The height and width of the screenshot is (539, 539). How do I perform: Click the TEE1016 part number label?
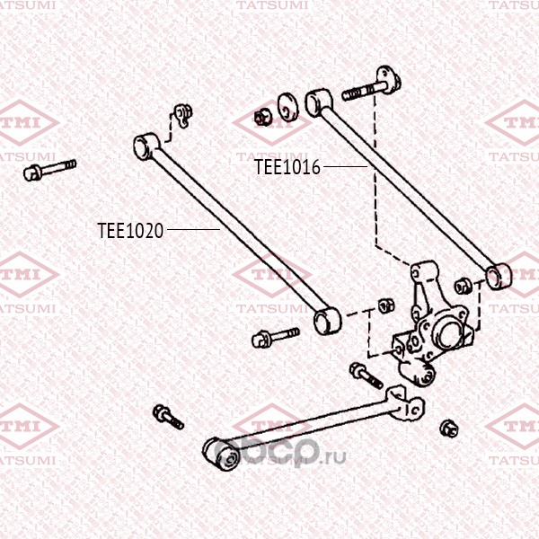287,167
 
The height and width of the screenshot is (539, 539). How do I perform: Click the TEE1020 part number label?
130,230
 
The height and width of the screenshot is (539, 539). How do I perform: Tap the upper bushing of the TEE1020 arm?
146,146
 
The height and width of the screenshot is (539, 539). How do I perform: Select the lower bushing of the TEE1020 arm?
328,321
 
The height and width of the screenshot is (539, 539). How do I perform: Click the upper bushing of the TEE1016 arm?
319,102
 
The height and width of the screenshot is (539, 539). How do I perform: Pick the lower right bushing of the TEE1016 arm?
498,276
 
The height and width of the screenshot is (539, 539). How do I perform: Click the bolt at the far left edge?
49,170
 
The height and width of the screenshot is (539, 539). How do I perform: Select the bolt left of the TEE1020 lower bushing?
276,337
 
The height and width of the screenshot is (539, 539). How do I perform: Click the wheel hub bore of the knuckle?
446,332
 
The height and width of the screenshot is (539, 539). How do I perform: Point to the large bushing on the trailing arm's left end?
221,453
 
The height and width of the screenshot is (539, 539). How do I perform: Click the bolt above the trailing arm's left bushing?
168,417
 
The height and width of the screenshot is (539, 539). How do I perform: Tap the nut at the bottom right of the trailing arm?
449,429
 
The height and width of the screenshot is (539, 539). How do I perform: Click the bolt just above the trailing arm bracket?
367,376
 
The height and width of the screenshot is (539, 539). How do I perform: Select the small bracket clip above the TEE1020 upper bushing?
183,116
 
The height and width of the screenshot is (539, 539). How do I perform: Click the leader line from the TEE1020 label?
193,229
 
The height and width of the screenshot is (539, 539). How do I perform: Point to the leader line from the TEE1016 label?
346,167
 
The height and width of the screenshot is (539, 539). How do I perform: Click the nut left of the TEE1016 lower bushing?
463,286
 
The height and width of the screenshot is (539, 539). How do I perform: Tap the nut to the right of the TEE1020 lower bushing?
386,305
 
